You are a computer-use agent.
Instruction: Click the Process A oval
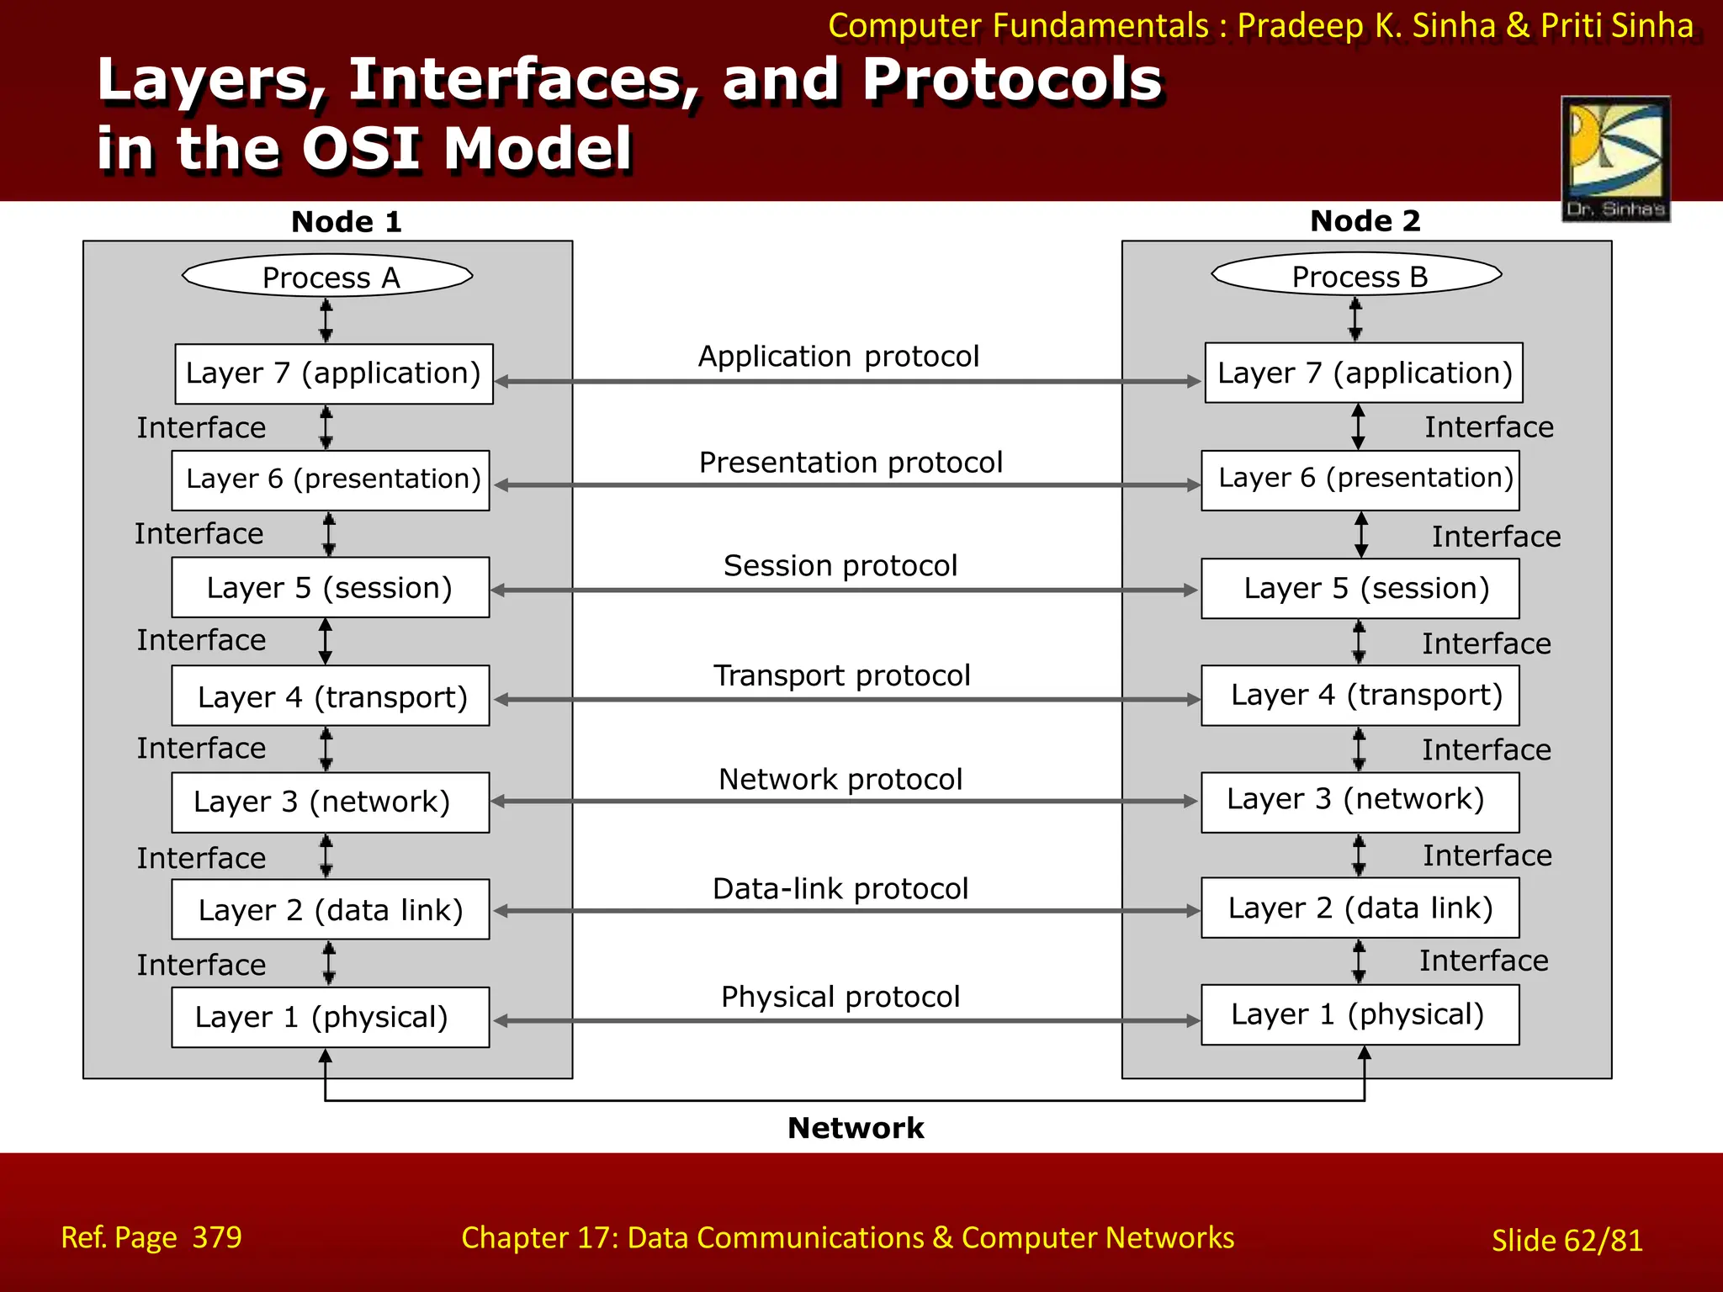pos(328,276)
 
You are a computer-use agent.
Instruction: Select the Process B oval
pos(1357,275)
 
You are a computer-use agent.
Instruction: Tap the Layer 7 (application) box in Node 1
pos(333,373)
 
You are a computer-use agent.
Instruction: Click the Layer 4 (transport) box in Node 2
pos(1360,696)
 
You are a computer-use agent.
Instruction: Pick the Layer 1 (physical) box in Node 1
pos(330,1017)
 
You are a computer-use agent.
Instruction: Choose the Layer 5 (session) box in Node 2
pos(1360,588)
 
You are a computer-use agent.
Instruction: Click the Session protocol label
pos(840,566)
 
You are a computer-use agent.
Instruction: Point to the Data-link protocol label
pos(840,889)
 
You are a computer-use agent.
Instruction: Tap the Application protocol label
pos(839,357)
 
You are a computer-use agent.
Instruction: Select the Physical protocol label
pos(840,998)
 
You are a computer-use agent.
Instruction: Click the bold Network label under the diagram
pos(856,1128)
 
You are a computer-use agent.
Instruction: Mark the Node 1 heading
pos(347,222)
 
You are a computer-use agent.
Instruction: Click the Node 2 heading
pos(1365,221)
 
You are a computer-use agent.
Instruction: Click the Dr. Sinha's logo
pos(1615,159)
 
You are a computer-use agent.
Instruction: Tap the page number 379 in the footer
pos(217,1237)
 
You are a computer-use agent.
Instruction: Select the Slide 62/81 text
pos(1567,1241)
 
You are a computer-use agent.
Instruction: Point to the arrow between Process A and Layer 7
pos(326,321)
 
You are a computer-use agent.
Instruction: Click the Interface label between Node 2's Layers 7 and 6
pos(1488,427)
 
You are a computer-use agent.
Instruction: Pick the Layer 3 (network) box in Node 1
pos(330,802)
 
